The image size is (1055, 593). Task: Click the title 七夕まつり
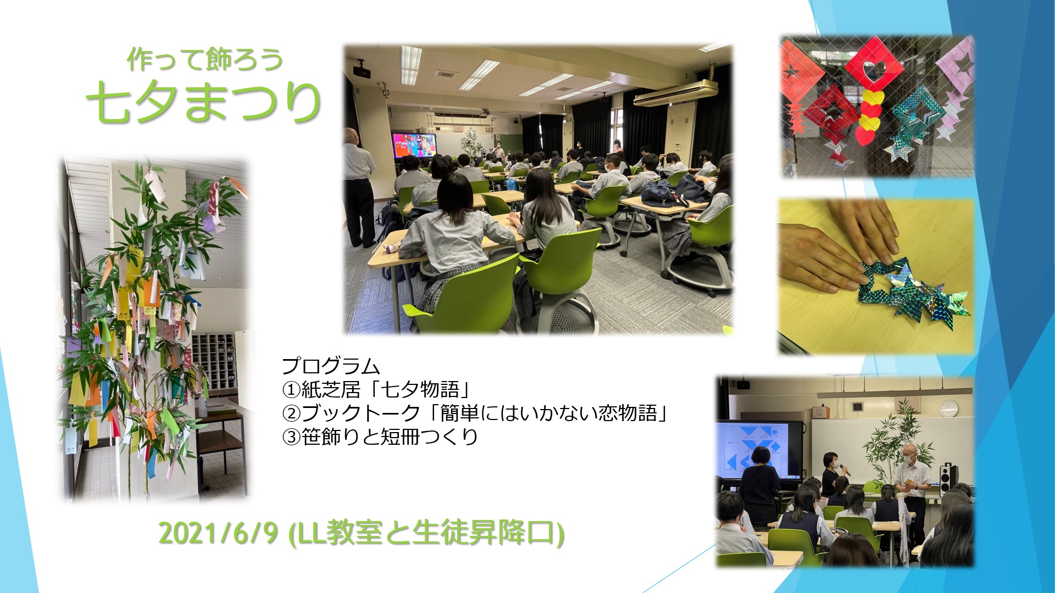coord(203,102)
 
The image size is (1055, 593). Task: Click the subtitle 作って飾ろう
coord(204,59)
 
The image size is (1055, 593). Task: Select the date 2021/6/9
coord(218,532)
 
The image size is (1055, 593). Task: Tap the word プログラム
coord(331,366)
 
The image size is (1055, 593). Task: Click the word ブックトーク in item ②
coord(361,413)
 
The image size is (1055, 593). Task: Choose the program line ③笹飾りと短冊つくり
coord(380,437)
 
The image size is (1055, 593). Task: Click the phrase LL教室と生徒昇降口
coord(426,532)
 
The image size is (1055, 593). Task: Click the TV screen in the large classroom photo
coord(414,146)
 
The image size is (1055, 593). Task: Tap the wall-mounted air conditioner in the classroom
coord(675,92)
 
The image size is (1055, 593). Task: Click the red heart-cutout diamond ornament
coord(874,69)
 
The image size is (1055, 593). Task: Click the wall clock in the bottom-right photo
coord(948,407)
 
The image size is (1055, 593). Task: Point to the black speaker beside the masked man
coord(948,479)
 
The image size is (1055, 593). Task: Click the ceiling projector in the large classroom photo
coord(360,70)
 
